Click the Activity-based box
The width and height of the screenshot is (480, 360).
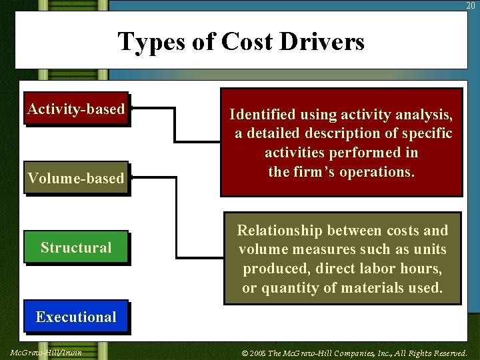click(x=76, y=109)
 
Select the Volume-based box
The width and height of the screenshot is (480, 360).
click(x=76, y=178)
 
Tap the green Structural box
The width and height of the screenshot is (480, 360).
click(x=76, y=247)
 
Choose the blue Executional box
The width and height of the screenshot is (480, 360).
click(x=76, y=317)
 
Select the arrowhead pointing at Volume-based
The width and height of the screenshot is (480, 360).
click(x=132, y=177)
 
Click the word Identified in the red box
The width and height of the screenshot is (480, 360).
click(x=262, y=115)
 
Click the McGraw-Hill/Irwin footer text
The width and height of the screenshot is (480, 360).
click(x=47, y=352)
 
